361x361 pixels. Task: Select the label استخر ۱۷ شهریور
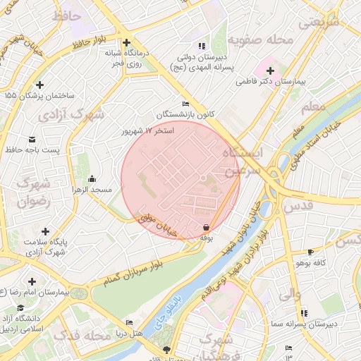pyautogui.click(x=147, y=131)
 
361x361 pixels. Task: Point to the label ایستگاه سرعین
pyautogui.click(x=242, y=161)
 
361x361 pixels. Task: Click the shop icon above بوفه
pyautogui.click(x=205, y=227)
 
